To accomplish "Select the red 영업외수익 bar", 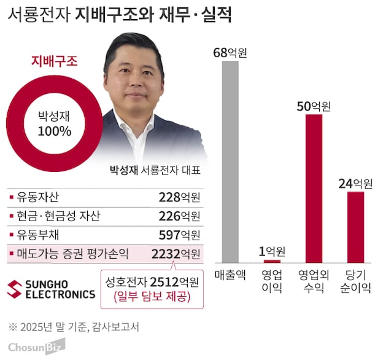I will click(x=314, y=188).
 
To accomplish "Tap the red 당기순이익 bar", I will click(x=355, y=227).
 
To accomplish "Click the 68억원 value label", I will click(x=229, y=52).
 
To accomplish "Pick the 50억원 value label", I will click(x=314, y=106).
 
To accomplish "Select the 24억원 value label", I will click(x=355, y=183).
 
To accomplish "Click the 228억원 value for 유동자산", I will click(x=179, y=198).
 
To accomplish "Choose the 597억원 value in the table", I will click(x=179, y=235).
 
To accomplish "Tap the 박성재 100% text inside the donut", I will click(x=55, y=123).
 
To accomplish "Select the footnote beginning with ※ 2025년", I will click(x=74, y=326).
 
